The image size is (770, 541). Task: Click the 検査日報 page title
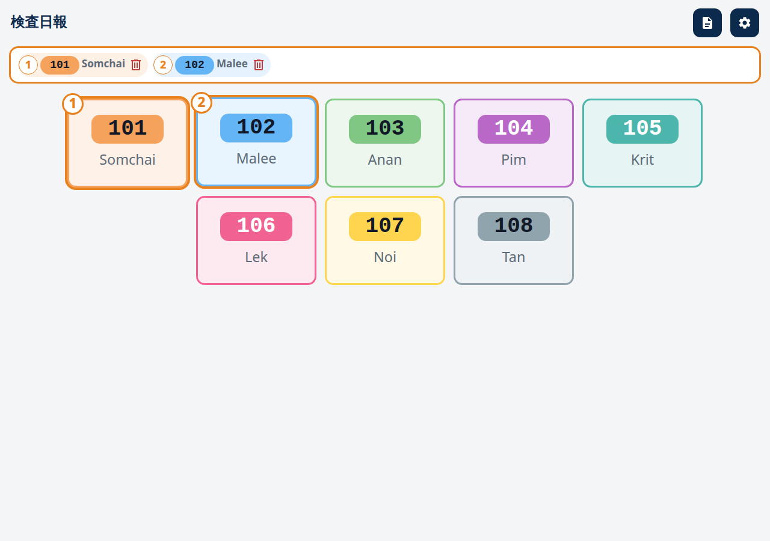click(39, 22)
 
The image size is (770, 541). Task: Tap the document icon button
click(707, 23)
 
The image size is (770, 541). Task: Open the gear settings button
click(745, 23)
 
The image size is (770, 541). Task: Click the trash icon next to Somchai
click(136, 64)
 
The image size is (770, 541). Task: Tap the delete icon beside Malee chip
click(259, 64)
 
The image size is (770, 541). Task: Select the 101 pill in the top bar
click(60, 65)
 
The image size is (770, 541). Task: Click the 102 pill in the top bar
click(194, 65)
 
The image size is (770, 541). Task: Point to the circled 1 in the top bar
click(28, 65)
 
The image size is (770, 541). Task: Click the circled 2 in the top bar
click(163, 65)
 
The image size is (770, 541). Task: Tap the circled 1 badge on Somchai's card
click(73, 104)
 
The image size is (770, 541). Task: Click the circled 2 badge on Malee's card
click(202, 103)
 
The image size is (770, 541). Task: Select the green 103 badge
click(384, 129)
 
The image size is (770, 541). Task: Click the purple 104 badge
click(514, 129)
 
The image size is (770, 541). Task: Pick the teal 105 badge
click(642, 129)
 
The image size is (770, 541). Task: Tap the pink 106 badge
click(256, 227)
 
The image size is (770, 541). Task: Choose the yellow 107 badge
click(384, 227)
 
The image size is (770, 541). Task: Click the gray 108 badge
click(514, 227)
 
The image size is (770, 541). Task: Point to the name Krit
click(642, 160)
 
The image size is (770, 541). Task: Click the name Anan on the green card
click(384, 160)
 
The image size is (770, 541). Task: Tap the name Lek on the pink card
click(256, 257)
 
